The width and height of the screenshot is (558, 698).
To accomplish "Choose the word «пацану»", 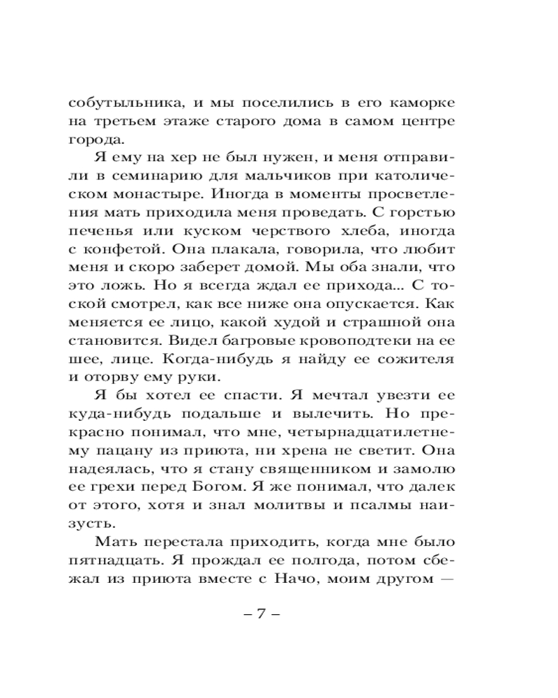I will (116, 450).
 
